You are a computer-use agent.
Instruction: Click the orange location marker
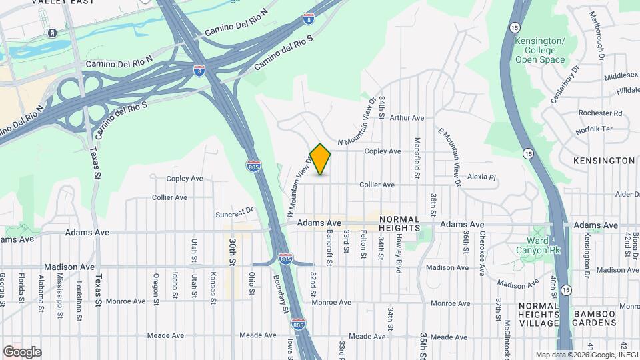[x=320, y=159]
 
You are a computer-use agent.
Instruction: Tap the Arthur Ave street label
[x=407, y=118]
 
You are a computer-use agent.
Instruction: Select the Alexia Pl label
[x=482, y=177]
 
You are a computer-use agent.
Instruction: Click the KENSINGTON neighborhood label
[x=604, y=161]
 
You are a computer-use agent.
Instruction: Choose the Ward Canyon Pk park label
[x=533, y=245]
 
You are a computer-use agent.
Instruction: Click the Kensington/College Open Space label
[x=540, y=50]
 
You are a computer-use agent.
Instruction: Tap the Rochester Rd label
[x=600, y=113]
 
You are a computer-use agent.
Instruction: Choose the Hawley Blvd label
[x=397, y=249]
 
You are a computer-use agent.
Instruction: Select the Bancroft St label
[x=330, y=247]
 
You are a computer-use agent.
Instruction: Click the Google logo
[x=22, y=352]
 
